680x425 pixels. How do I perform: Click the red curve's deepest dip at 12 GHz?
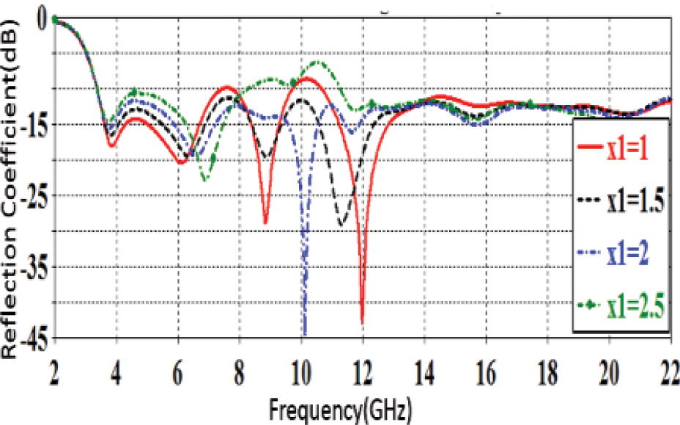(x=362, y=322)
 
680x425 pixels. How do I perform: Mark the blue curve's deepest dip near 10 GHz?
(x=304, y=332)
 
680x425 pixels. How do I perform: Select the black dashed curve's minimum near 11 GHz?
(x=341, y=225)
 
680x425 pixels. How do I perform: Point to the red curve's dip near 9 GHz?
(x=265, y=222)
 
